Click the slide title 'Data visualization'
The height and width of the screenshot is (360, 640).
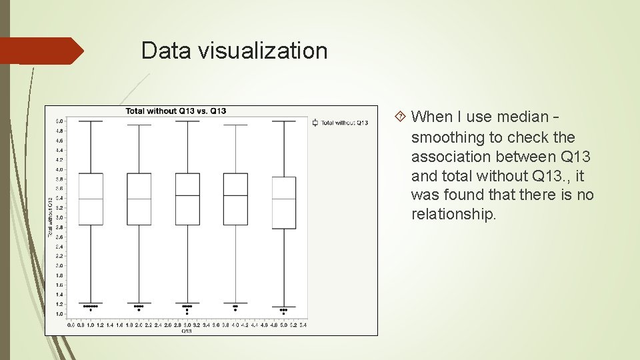click(x=234, y=51)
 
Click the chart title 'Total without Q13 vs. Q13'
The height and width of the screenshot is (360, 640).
click(x=175, y=111)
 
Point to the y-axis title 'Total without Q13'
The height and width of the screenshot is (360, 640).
click(x=50, y=217)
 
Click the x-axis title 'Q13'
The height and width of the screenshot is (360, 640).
click(x=187, y=331)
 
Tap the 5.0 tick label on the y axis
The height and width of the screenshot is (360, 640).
click(x=59, y=121)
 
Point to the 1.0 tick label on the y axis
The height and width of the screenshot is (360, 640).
click(x=59, y=313)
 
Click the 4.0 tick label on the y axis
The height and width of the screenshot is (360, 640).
click(x=59, y=169)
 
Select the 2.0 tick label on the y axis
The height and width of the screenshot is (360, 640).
click(x=59, y=265)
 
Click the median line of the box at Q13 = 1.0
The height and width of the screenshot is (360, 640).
click(x=91, y=199)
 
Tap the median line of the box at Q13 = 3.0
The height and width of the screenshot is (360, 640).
click(x=187, y=195)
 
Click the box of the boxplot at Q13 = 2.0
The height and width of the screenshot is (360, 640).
click(x=139, y=199)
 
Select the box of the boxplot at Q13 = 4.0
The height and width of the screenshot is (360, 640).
click(x=235, y=199)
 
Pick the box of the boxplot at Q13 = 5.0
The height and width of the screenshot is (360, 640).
click(x=284, y=203)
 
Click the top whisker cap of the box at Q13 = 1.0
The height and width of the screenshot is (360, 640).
click(x=91, y=121)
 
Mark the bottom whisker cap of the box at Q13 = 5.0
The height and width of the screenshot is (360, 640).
click(x=284, y=307)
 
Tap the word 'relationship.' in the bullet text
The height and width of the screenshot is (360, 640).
click(x=454, y=215)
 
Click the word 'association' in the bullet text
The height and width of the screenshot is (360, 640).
click(x=453, y=157)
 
